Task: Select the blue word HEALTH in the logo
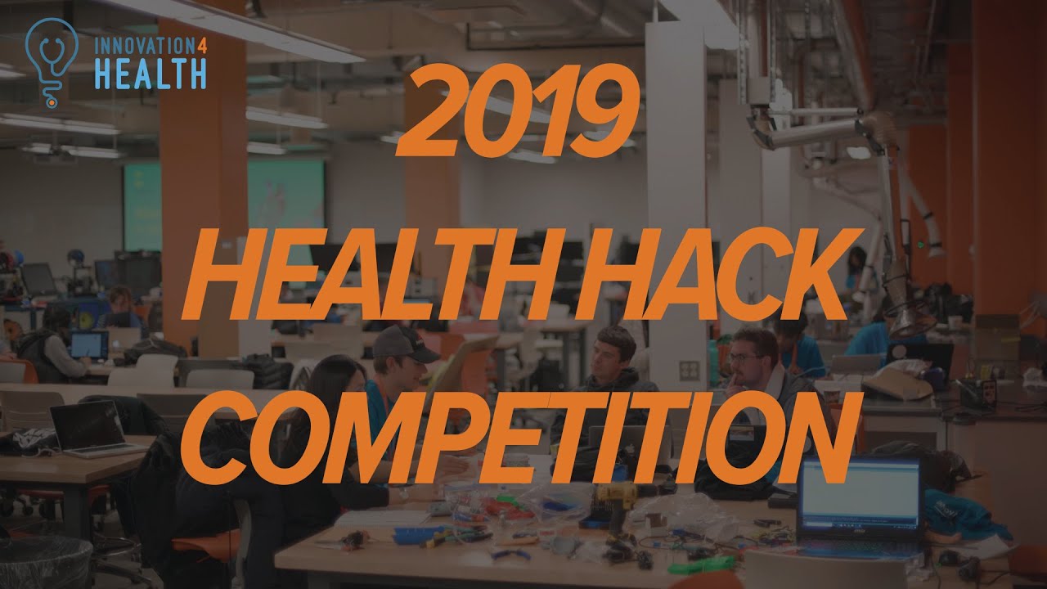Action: point(150,74)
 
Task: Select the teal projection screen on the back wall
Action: point(222,205)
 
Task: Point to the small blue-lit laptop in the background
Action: point(88,344)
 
